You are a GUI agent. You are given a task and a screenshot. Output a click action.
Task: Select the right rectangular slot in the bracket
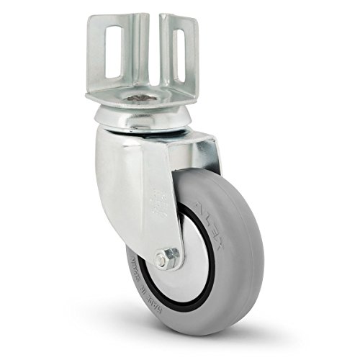point(179,53)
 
